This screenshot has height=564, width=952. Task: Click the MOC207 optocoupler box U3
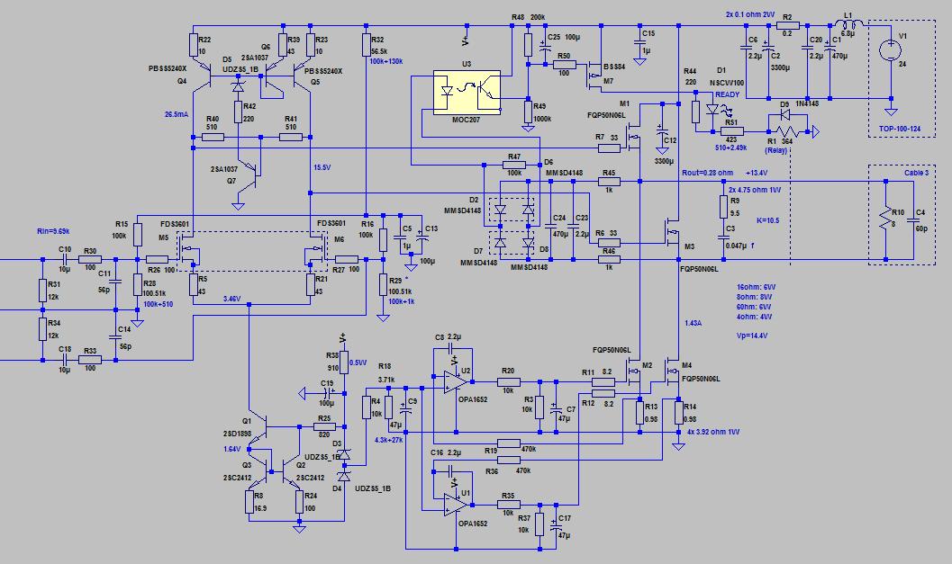click(x=466, y=92)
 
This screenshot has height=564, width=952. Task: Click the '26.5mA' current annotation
click(x=177, y=115)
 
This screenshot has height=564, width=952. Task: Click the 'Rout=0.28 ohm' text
click(x=710, y=172)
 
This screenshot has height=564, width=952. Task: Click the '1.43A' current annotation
click(x=693, y=322)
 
